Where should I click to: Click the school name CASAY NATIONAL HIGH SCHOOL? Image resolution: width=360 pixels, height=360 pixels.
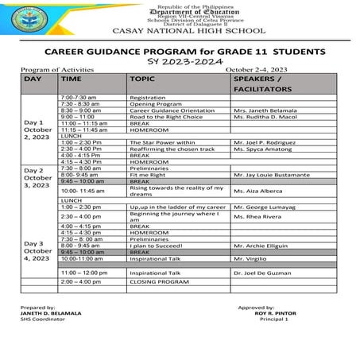[180, 31]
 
